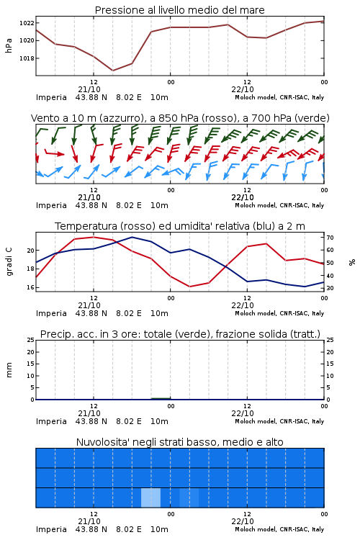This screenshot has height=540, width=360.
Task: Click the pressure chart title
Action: click(x=179, y=10)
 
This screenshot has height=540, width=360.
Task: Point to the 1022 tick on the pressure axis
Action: click(x=27, y=23)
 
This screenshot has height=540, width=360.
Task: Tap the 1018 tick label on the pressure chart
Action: click(x=27, y=58)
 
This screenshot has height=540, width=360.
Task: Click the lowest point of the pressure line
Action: click(x=112, y=71)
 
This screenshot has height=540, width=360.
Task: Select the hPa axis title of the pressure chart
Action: click(x=9, y=45)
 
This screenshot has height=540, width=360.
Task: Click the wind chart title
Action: click(x=180, y=118)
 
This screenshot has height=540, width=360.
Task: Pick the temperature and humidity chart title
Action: click(x=180, y=226)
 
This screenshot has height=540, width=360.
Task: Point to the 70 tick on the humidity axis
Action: click(x=330, y=238)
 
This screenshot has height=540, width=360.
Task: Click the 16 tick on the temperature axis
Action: click(x=30, y=287)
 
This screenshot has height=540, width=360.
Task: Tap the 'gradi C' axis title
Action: click(x=9, y=262)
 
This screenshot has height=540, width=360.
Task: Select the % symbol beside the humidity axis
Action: click(x=352, y=262)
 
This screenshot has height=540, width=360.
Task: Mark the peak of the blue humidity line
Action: click(x=132, y=237)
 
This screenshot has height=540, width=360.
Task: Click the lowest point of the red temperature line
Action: click(x=189, y=287)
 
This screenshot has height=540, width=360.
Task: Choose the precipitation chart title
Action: click(x=180, y=334)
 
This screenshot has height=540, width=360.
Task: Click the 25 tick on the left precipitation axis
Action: click(x=30, y=340)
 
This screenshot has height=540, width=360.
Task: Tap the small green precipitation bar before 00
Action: click(x=161, y=398)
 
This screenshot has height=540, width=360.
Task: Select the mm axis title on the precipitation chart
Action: click(x=9, y=370)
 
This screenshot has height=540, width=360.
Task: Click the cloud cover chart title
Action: click(x=179, y=442)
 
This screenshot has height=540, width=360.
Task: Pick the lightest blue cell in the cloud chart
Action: click(x=151, y=498)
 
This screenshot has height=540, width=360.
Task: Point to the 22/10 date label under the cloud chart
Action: click(x=243, y=521)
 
